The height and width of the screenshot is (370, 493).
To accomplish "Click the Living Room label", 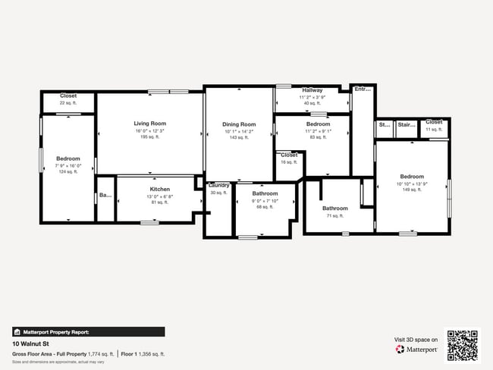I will (x=149, y=124).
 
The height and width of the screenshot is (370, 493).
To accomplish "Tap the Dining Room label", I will (x=239, y=124).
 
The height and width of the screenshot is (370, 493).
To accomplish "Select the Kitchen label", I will (x=159, y=189).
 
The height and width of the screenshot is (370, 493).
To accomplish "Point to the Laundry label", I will (x=219, y=185).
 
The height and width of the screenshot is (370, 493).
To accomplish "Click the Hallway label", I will (x=312, y=90).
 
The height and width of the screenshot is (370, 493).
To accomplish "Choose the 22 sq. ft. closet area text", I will (x=68, y=103).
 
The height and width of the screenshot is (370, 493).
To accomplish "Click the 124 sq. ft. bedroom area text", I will (x=68, y=172).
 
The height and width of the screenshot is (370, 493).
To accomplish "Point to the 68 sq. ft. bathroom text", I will (x=265, y=207).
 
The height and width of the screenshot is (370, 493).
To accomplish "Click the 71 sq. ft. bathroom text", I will (x=334, y=216).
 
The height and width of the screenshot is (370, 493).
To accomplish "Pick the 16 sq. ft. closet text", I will (x=289, y=162).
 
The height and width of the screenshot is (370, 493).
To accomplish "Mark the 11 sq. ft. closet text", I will (x=434, y=130).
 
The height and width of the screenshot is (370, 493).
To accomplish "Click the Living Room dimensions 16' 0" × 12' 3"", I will (x=149, y=131).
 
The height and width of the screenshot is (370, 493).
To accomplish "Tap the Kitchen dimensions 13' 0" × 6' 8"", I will (x=159, y=196).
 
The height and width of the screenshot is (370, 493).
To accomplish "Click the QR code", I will (x=463, y=344).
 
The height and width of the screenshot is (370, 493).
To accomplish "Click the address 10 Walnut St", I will (x=30, y=343).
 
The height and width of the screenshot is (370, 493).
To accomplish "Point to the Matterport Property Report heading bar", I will (x=88, y=331).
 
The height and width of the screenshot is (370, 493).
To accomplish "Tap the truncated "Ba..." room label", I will (x=105, y=196).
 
